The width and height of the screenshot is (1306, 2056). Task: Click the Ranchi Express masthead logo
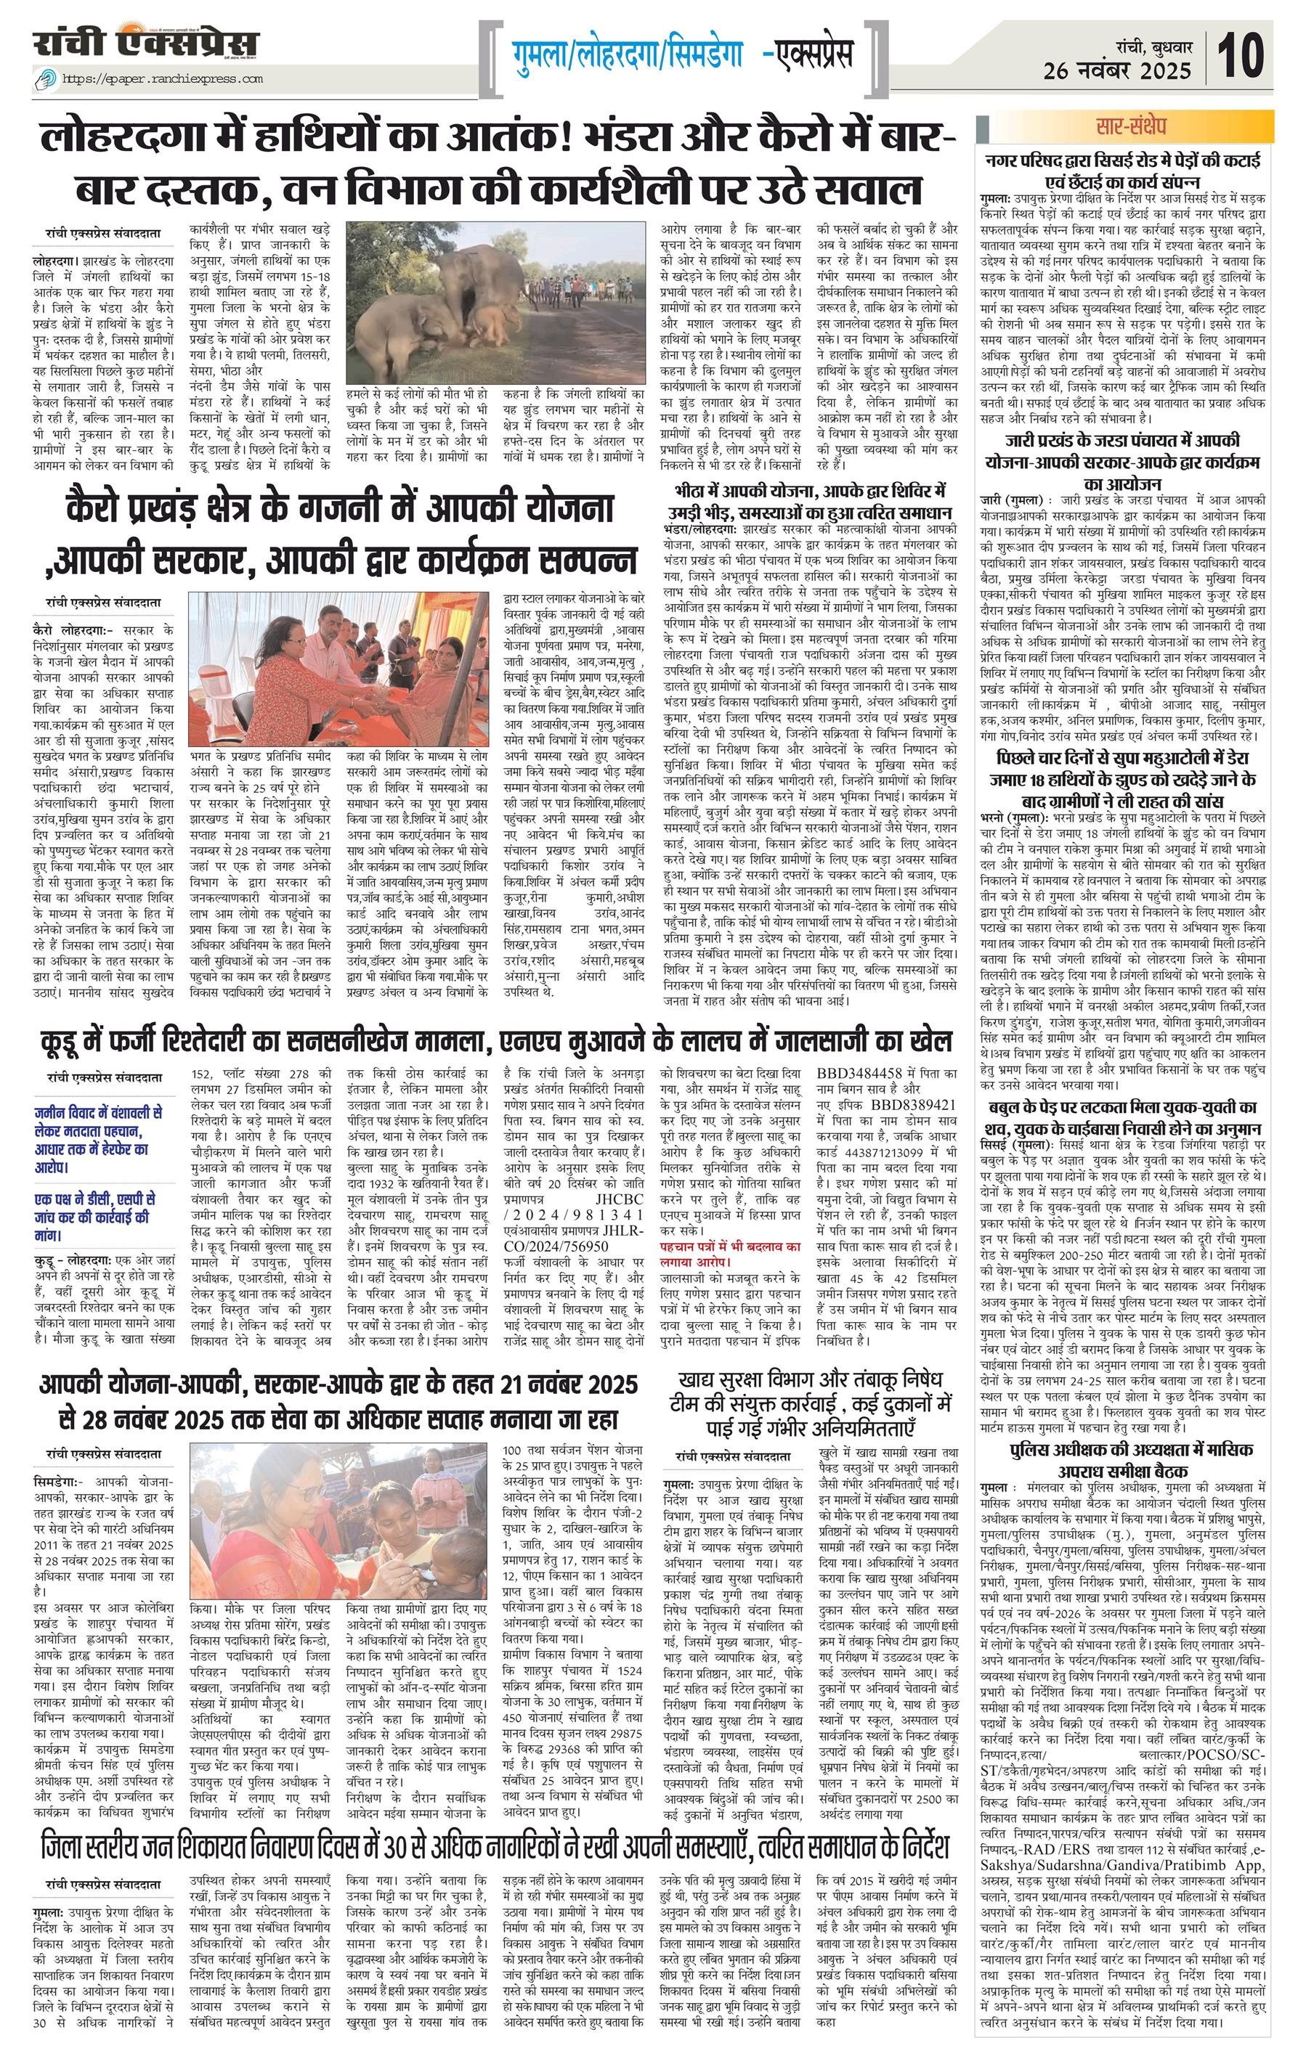tap(146, 45)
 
